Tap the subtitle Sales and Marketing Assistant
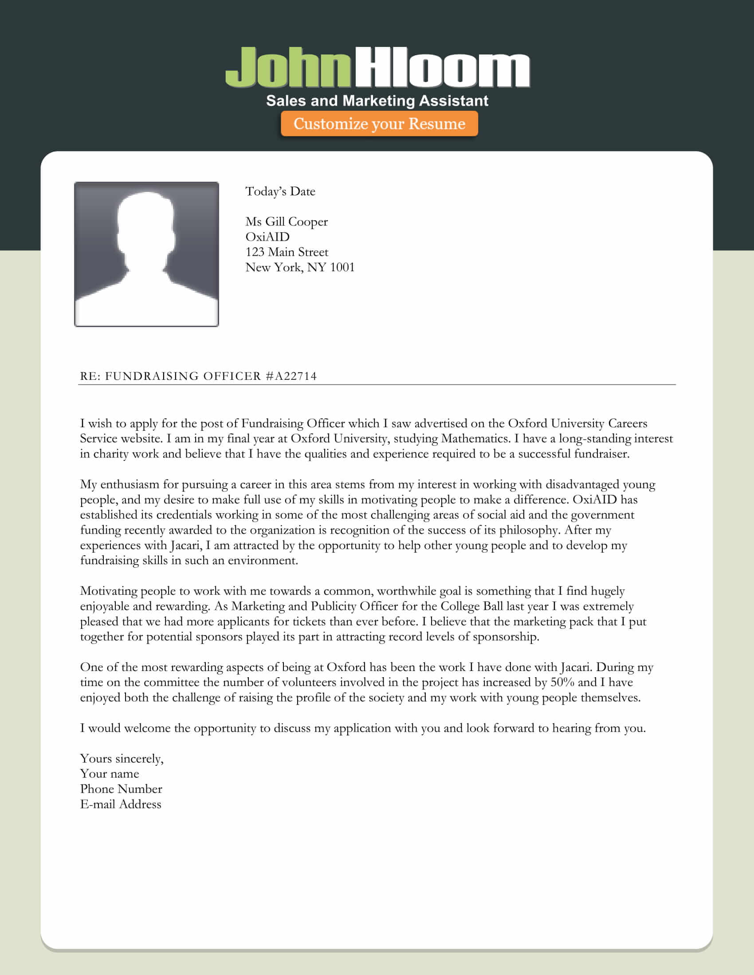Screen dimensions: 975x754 [x=377, y=101]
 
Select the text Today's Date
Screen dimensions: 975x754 [x=280, y=191]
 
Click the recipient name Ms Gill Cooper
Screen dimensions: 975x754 [x=287, y=222]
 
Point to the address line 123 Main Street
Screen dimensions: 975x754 [x=287, y=252]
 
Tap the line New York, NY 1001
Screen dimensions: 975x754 [x=300, y=267]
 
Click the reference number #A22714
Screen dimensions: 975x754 [x=291, y=376]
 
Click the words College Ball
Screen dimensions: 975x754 [x=472, y=606]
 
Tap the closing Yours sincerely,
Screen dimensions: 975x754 [x=122, y=758]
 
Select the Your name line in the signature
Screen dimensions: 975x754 [x=110, y=774]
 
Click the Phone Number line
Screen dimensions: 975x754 [x=121, y=789]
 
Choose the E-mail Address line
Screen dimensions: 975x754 [x=121, y=804]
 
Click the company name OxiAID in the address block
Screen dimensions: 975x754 [x=267, y=237]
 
